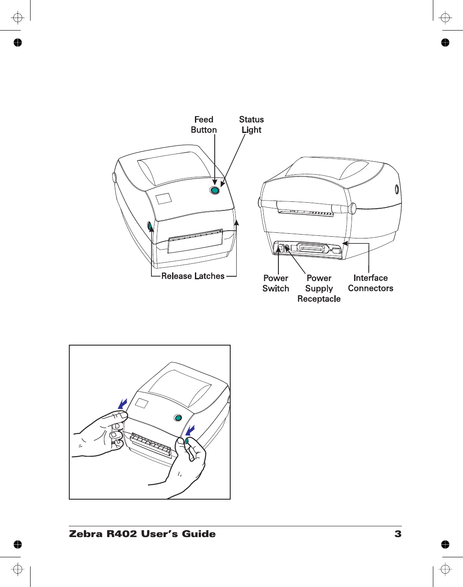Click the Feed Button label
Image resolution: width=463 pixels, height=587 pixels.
click(204, 125)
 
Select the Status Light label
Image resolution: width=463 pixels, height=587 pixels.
click(251, 125)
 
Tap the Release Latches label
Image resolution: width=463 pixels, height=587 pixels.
click(193, 276)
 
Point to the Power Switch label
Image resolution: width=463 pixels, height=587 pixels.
click(276, 283)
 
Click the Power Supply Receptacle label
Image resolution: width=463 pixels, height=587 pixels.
click(319, 288)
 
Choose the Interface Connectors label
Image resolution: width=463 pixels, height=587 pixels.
click(370, 283)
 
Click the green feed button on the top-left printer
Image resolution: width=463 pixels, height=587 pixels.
click(215, 190)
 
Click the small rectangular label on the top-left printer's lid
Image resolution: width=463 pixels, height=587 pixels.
click(164, 198)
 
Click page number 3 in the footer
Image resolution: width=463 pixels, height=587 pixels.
click(398, 534)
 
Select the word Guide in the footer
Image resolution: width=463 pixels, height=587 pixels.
click(199, 534)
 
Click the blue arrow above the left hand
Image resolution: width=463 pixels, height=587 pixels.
click(123, 404)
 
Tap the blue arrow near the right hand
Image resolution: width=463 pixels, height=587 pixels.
click(190, 429)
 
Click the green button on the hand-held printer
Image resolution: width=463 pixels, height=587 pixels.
click(178, 417)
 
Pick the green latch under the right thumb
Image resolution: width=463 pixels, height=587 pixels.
click(187, 441)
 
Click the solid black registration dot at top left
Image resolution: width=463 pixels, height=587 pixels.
click(17, 42)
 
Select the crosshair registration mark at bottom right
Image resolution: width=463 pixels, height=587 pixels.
click(445, 569)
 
